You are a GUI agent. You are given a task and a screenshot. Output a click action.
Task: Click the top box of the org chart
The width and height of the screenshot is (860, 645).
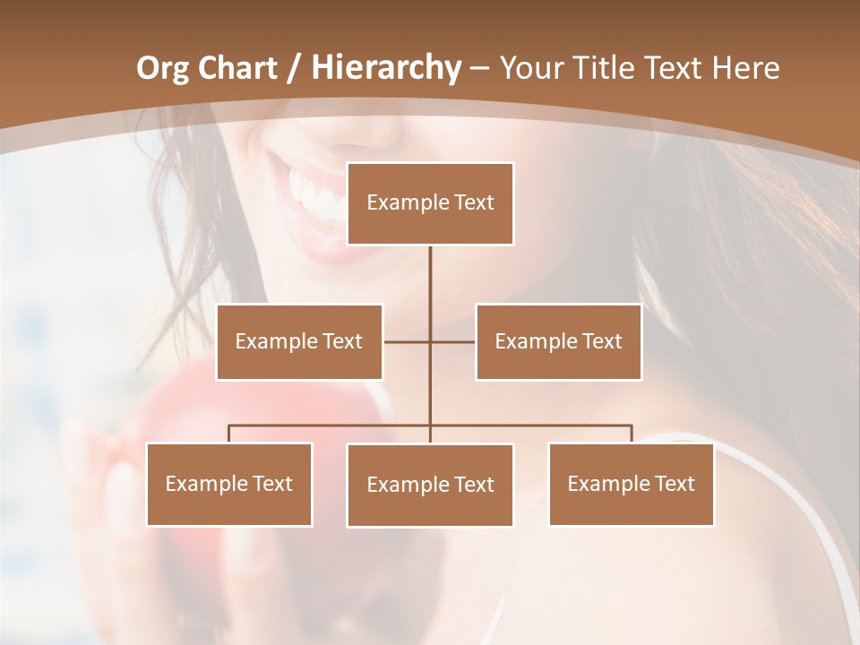[x=430, y=203]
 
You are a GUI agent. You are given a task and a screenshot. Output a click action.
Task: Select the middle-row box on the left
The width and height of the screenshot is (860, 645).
[x=299, y=341]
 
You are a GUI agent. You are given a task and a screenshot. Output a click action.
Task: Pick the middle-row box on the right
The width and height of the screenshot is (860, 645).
[x=558, y=341]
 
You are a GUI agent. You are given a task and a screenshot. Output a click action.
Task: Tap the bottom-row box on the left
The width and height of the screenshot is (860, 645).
[x=229, y=484]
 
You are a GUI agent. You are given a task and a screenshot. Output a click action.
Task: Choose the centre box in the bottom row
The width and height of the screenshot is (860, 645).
[x=430, y=485]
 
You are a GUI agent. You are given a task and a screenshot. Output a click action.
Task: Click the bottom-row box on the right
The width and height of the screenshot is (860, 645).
[x=631, y=484]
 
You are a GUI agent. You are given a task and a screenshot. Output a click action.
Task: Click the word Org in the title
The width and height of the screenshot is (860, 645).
[x=162, y=68]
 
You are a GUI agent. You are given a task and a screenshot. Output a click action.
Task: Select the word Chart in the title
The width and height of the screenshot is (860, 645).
[x=237, y=68]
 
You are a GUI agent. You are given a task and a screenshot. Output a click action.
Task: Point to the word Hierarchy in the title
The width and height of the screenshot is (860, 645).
[x=385, y=68]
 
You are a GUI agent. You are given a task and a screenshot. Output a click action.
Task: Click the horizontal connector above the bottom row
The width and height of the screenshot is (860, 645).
[x=537, y=426]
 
